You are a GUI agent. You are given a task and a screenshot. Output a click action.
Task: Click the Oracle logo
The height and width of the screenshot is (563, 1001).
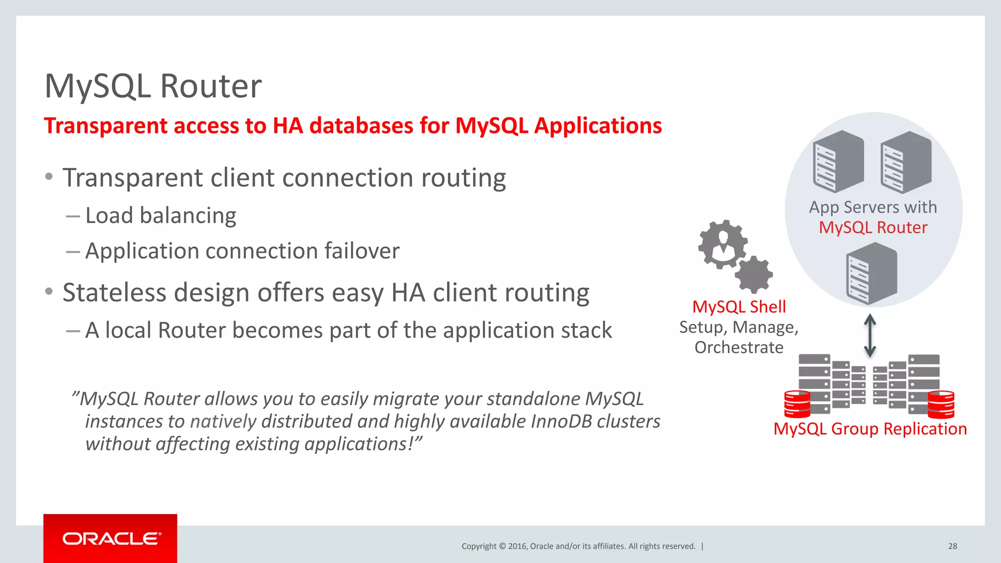(111, 539)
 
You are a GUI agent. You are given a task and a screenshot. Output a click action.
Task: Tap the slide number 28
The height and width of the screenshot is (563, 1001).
(952, 546)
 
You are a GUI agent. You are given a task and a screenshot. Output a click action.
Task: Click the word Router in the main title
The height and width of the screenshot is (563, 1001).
(211, 87)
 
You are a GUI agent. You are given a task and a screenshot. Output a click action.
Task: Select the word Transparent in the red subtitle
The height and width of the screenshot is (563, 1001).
(106, 126)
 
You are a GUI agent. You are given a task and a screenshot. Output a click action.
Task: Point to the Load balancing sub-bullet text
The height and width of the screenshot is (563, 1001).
(160, 216)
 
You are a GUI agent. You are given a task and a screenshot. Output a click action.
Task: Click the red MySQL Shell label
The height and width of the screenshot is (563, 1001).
(739, 307)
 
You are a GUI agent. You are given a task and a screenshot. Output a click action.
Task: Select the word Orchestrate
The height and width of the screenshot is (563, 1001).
(739, 347)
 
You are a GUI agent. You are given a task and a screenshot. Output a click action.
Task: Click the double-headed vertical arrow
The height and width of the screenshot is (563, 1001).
(870, 335)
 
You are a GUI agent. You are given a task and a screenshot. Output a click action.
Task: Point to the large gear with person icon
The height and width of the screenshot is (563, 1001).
(722, 244)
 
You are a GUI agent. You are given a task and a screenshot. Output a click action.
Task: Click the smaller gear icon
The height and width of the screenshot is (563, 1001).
(754, 274)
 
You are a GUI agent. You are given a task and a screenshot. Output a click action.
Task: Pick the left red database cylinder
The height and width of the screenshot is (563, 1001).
(797, 404)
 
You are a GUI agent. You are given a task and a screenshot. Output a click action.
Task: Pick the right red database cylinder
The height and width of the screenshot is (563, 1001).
(941, 404)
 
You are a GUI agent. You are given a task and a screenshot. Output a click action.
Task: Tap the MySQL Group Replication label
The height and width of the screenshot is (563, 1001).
(870, 429)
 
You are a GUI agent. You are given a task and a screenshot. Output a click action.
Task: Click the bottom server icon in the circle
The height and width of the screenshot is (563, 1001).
(871, 274)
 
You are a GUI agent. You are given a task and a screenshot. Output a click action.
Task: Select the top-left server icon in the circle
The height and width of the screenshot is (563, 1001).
(838, 161)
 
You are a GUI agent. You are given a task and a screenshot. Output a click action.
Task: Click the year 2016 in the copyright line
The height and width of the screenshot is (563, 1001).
(517, 546)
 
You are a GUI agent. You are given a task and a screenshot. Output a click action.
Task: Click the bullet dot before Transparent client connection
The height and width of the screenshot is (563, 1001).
(48, 177)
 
